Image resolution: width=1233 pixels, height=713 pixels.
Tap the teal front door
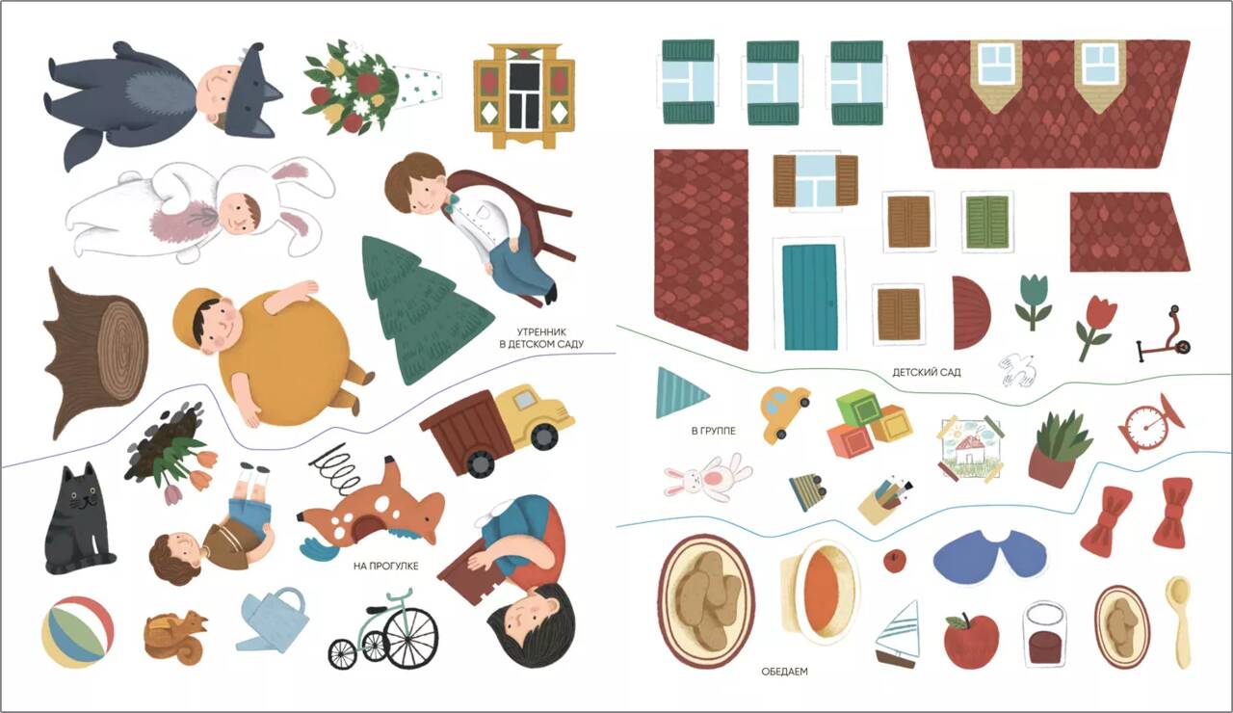[809, 298]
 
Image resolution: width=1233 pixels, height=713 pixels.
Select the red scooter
[1164, 333]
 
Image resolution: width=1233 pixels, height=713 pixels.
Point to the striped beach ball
[78, 631]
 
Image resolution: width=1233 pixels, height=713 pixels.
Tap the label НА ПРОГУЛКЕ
[386, 566]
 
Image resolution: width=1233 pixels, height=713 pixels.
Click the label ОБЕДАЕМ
[784, 672]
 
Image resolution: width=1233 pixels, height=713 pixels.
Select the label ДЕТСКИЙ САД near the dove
[927, 373]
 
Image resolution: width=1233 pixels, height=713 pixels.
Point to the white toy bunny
[708, 478]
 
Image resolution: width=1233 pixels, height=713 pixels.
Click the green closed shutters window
[987, 222]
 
